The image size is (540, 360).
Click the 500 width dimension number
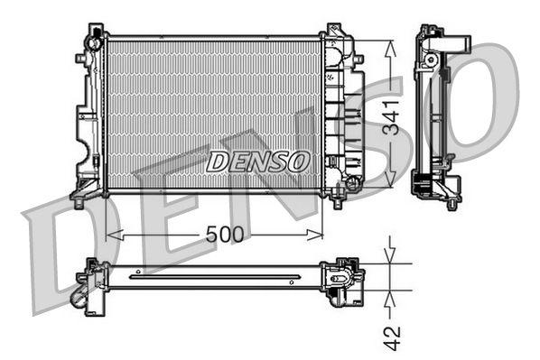pos(225,235)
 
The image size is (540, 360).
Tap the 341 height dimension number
pos(390,116)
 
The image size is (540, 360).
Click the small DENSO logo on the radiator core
pos(257,162)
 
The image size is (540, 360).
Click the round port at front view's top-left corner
pos(94,42)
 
